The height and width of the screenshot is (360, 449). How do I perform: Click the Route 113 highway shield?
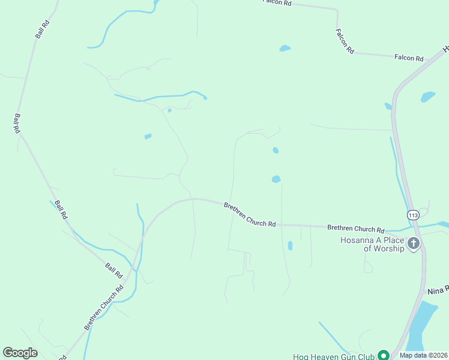(x=413, y=215)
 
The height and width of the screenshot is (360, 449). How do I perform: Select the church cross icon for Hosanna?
(x=413, y=244)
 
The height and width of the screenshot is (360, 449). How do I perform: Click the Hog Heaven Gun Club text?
(x=334, y=356)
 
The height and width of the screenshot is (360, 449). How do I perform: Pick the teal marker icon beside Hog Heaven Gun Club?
(x=382, y=356)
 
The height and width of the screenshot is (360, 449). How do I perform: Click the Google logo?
(x=20, y=353)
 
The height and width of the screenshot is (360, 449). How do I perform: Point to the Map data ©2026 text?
(x=424, y=355)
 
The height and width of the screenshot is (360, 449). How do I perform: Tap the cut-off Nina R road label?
(x=438, y=290)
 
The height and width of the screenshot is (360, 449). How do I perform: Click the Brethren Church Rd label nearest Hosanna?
(x=355, y=229)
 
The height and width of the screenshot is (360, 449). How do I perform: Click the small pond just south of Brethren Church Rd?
(x=290, y=245)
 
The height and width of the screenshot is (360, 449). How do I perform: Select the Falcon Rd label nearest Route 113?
(x=409, y=58)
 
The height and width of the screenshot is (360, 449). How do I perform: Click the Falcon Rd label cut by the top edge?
(x=277, y=3)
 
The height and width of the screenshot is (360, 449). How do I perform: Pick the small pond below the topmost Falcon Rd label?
(x=285, y=48)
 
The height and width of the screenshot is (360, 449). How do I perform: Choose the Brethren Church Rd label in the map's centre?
(x=250, y=214)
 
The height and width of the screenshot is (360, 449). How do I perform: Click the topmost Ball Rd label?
(x=42, y=28)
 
